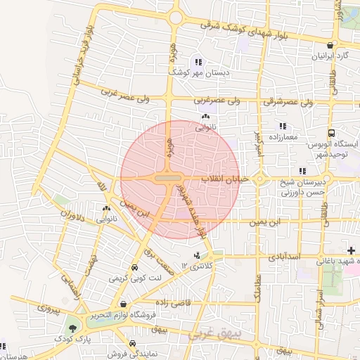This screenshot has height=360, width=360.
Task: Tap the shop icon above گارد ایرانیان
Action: coord(329,45)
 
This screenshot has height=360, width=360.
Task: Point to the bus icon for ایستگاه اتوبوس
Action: coord(330,133)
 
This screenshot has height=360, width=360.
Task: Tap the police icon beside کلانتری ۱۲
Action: coord(197,255)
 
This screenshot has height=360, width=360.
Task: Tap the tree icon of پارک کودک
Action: coord(72,328)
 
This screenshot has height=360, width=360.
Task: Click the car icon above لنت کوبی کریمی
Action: coord(134,268)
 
